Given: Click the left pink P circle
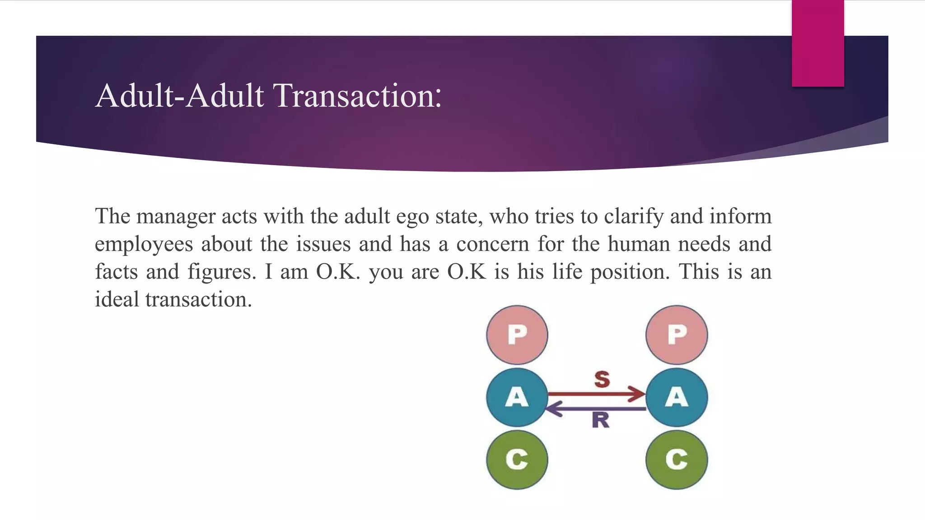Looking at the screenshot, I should (517, 335).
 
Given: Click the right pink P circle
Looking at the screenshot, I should (677, 335).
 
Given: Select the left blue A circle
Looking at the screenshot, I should (517, 397).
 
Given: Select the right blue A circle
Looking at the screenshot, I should (677, 397).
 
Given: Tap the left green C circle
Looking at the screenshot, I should (517, 460).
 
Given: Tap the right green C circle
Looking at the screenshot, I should (677, 460).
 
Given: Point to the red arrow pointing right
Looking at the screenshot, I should (596, 394).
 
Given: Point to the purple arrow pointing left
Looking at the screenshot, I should (596, 409).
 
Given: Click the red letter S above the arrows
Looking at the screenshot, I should (602, 379).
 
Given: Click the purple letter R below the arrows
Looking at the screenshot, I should (601, 420).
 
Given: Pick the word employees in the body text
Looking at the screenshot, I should (144, 245).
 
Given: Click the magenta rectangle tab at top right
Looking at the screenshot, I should (818, 43).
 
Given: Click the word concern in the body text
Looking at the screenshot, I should (492, 244).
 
